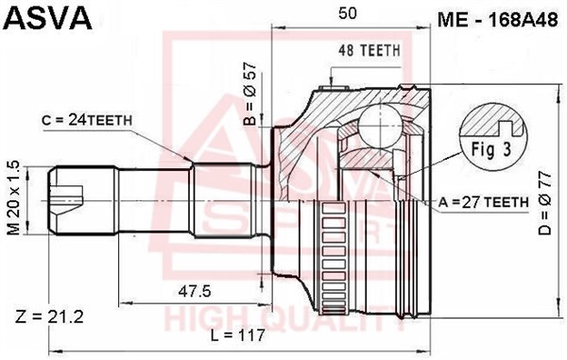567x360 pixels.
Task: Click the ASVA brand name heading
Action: tap(48, 17)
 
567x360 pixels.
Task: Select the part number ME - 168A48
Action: tap(497, 20)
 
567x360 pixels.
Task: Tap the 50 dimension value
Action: tap(347, 13)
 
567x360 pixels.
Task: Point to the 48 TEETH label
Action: tap(369, 51)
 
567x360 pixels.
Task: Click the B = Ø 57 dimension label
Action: tap(249, 94)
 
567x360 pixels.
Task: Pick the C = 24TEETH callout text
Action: tap(87, 120)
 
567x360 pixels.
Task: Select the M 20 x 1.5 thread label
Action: tap(14, 197)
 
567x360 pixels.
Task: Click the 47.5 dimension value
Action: tap(194, 291)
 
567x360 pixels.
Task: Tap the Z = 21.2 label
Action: tap(49, 317)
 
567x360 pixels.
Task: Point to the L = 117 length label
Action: tap(238, 335)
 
